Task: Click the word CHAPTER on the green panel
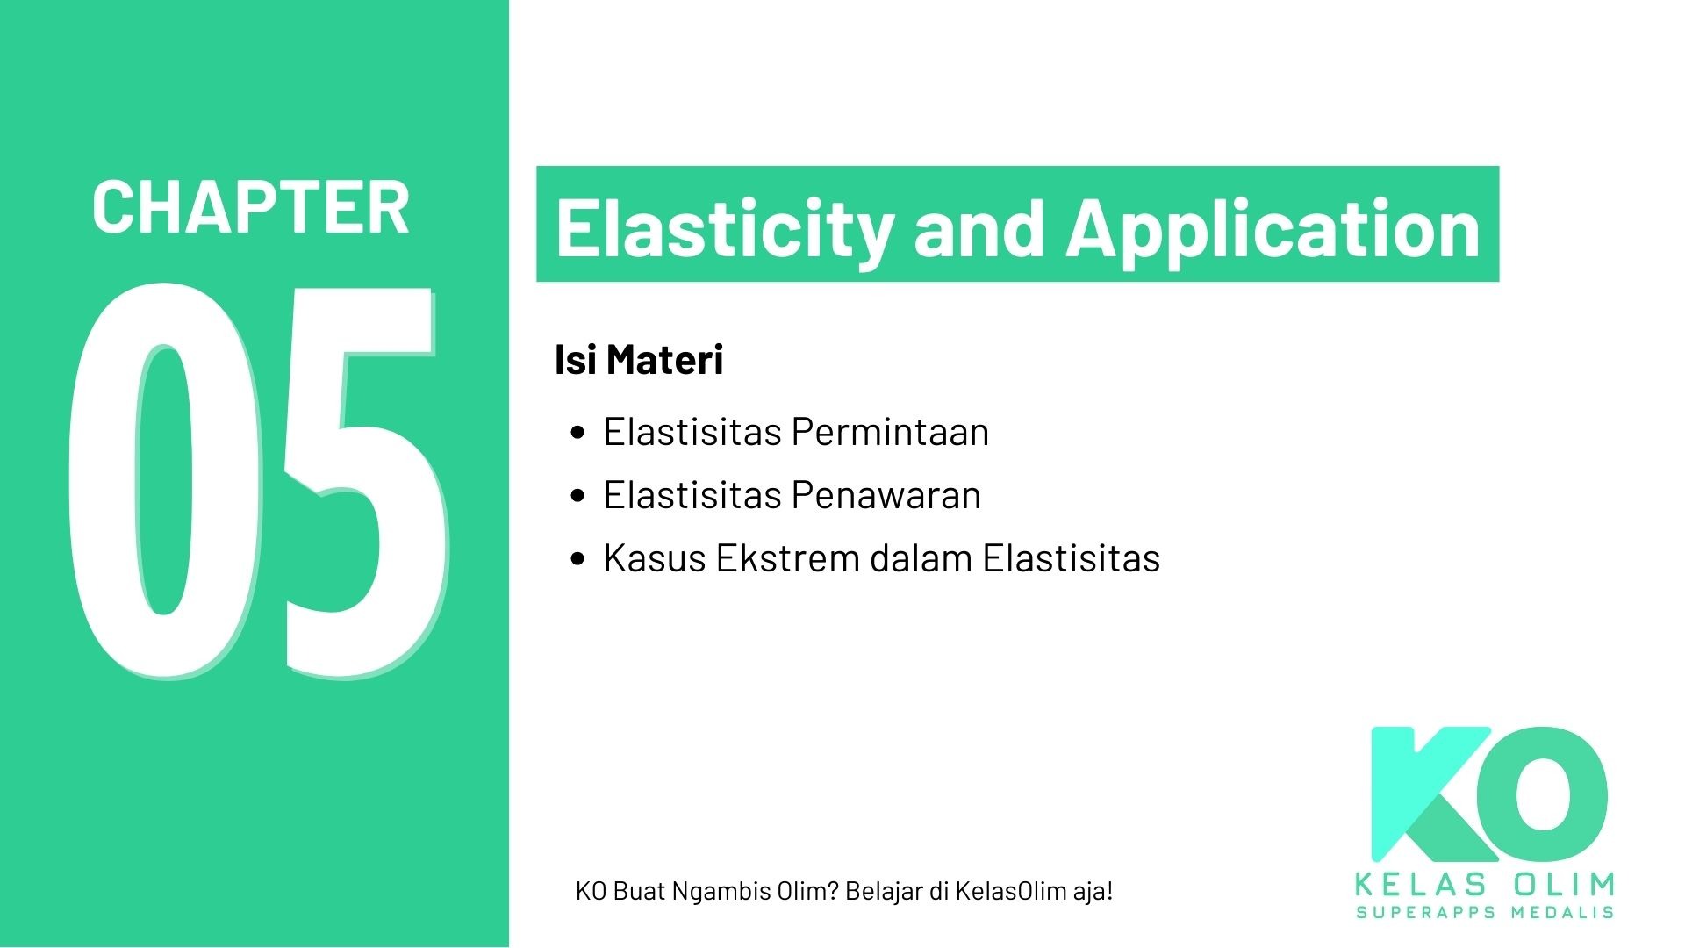[x=250, y=207]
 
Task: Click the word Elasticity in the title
[x=724, y=226]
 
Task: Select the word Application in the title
[x=1273, y=226]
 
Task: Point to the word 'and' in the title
[x=979, y=226]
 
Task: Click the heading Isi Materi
[x=638, y=360]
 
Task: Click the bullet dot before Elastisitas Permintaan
[x=577, y=432]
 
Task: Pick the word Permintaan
[x=890, y=432]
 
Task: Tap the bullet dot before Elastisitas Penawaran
[x=577, y=495]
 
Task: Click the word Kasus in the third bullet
[x=654, y=558]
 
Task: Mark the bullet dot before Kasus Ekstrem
[x=577, y=558]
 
